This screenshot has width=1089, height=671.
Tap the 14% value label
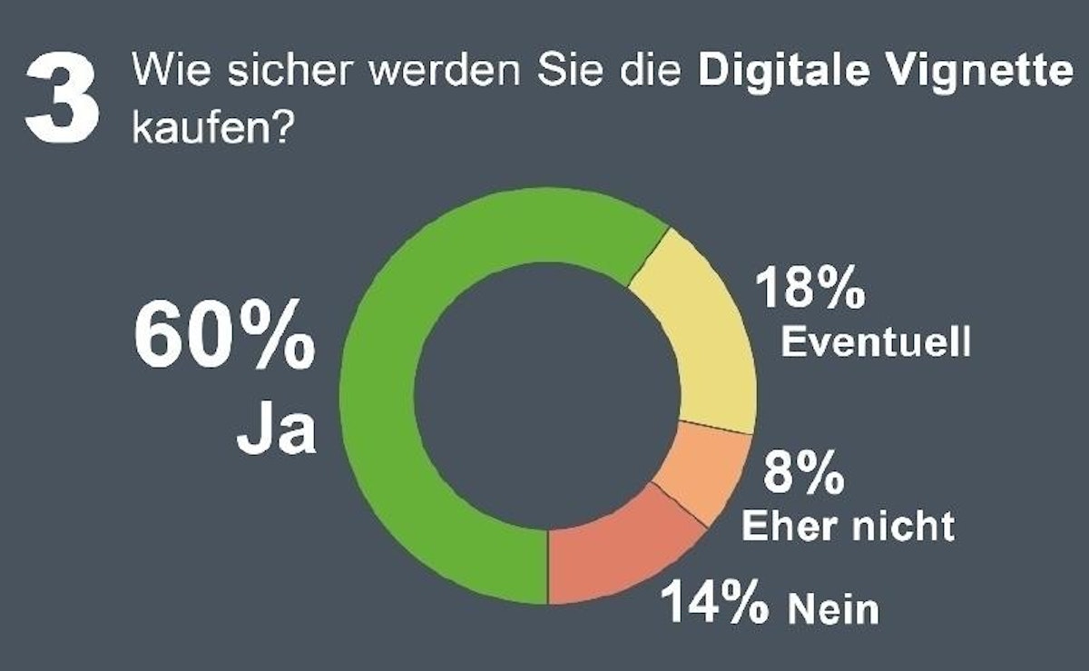click(x=714, y=601)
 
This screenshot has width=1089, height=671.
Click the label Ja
click(x=276, y=433)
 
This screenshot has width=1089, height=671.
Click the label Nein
click(x=833, y=607)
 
